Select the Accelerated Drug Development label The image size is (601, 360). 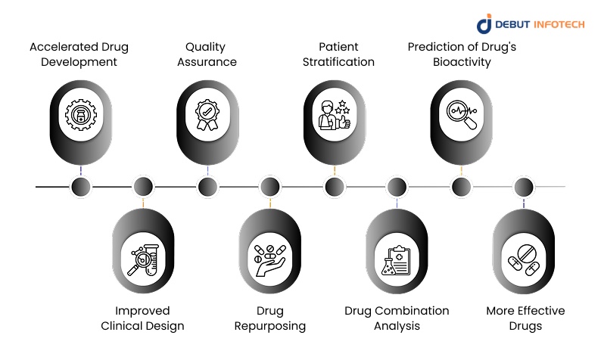[79, 54]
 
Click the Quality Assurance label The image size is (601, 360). [207, 54]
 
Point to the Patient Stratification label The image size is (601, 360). [334, 54]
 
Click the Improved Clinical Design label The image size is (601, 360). [143, 318]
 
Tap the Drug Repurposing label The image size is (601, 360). [270, 318]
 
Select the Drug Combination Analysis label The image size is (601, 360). [397, 318]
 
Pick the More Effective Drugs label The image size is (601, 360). [525, 318]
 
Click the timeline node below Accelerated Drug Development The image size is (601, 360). [80, 186]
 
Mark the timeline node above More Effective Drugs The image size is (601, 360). [524, 186]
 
